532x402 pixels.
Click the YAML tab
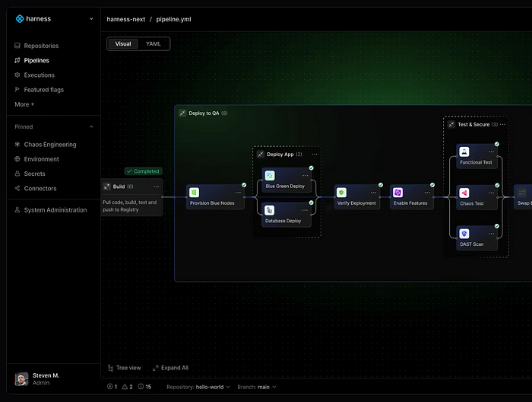[x=153, y=44]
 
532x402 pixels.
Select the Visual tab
[x=123, y=44]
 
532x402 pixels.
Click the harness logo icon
[x=20, y=19]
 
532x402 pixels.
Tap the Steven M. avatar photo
[x=21, y=379]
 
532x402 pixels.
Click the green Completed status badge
[x=143, y=171]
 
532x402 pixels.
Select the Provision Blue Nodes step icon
[x=194, y=193]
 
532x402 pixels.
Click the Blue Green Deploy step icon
[x=270, y=175]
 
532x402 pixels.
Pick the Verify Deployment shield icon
[x=341, y=193]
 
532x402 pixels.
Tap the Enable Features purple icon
[x=397, y=193]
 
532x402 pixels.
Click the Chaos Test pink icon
[x=464, y=193]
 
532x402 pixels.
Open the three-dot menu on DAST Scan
[x=491, y=234]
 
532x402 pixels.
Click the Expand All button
[x=170, y=368]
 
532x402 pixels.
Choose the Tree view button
[x=124, y=368]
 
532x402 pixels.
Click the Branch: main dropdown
[x=257, y=387]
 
